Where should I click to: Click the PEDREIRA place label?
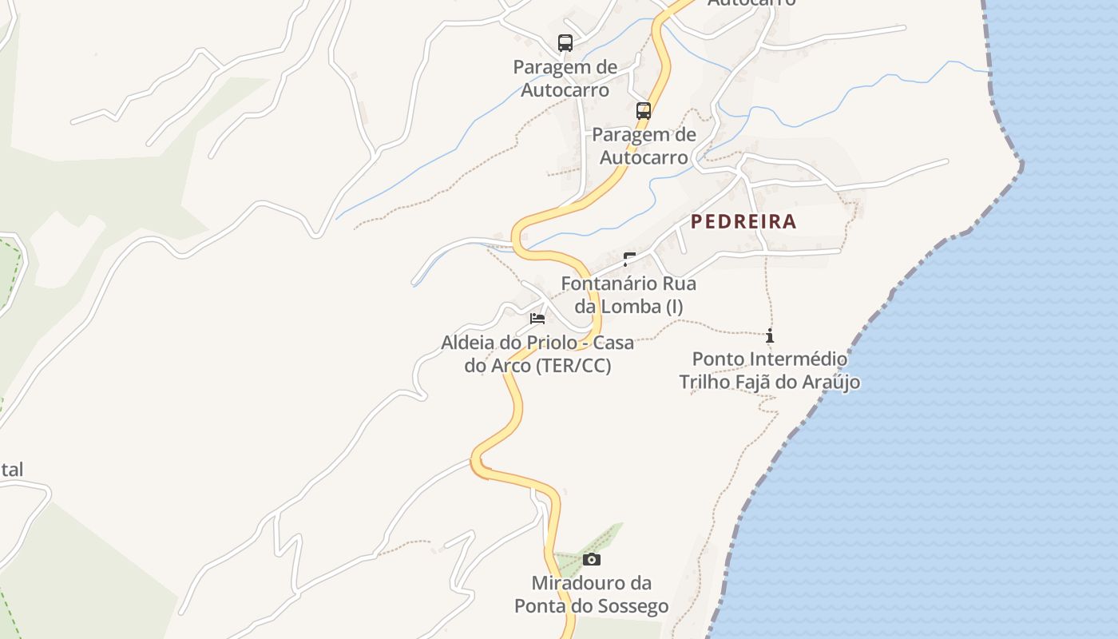click(x=743, y=222)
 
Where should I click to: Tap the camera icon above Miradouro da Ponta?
click(x=592, y=559)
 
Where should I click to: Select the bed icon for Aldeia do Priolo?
click(x=537, y=319)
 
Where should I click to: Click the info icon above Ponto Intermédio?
click(x=770, y=335)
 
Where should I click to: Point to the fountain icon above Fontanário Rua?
click(x=629, y=258)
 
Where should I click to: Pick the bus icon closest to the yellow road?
click(x=644, y=111)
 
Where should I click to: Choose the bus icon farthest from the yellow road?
click(x=565, y=43)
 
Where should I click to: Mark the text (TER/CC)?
click(x=573, y=366)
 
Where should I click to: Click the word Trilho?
click(x=706, y=382)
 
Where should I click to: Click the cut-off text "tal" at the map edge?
click(x=11, y=470)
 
